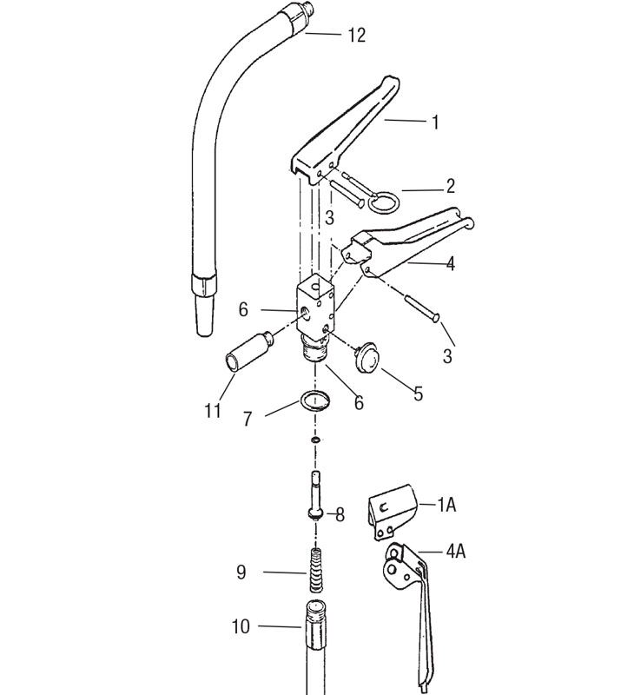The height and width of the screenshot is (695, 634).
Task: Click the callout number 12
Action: (x=357, y=35)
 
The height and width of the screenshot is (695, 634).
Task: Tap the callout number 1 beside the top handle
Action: (x=435, y=122)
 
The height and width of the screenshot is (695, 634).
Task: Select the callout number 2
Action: (x=450, y=186)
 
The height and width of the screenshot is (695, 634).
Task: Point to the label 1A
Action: (x=446, y=505)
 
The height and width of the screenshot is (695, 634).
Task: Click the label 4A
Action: (x=455, y=552)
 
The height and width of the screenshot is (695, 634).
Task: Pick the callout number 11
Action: (x=213, y=411)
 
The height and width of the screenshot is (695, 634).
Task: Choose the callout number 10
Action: (x=241, y=626)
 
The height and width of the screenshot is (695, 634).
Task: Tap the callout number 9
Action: (x=241, y=573)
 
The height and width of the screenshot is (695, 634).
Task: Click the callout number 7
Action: (x=248, y=419)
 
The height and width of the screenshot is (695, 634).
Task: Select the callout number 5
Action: (x=419, y=394)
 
